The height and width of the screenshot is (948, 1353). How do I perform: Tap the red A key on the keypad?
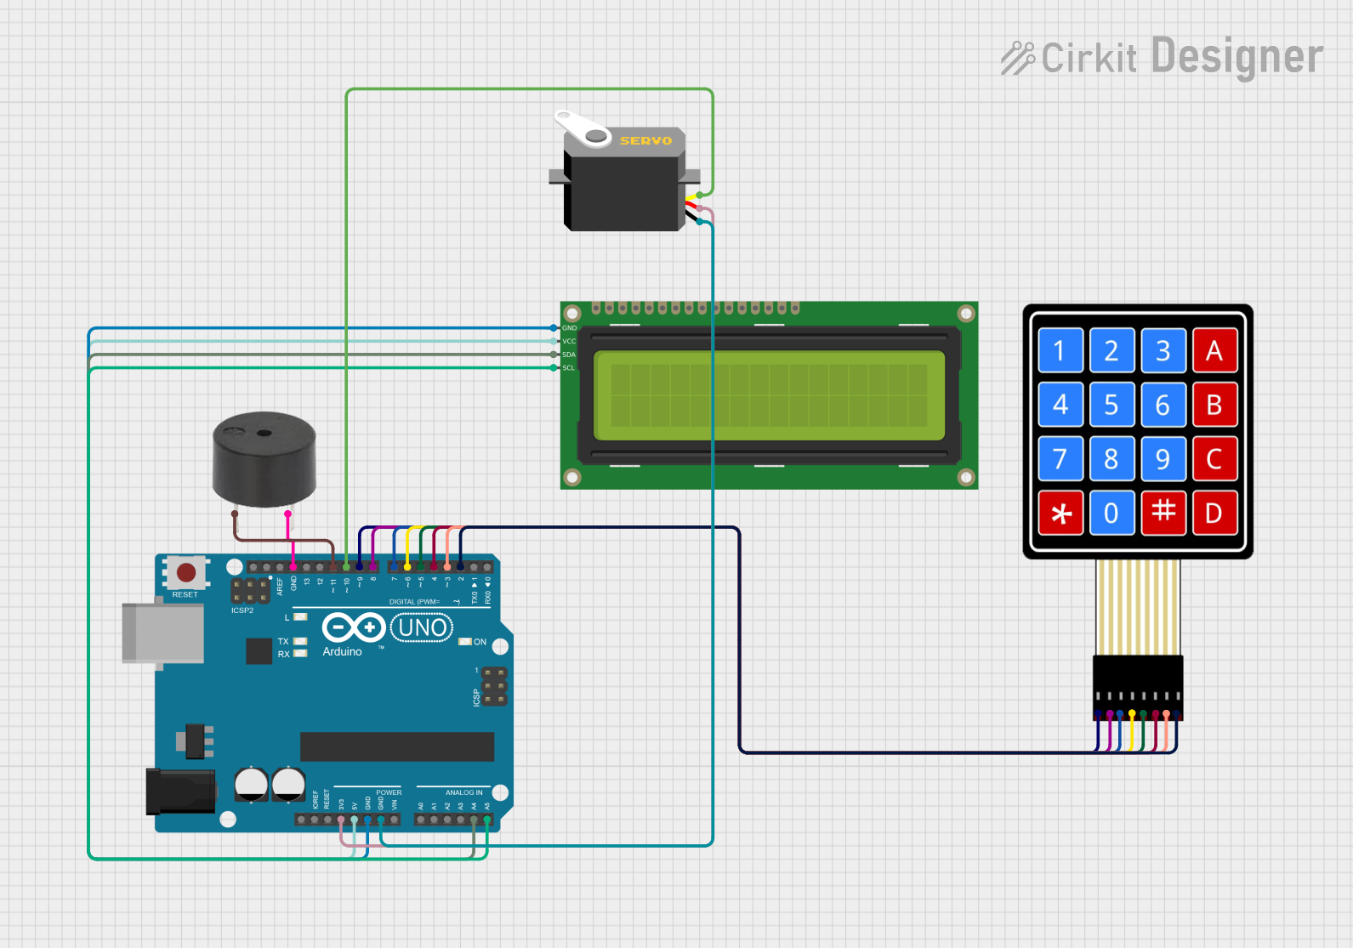tap(1214, 350)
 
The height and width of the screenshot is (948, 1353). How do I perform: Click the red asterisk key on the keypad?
tap(1060, 513)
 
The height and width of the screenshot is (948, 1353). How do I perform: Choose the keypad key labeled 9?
tap(1163, 459)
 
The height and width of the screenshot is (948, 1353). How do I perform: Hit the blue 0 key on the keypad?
tap(1111, 513)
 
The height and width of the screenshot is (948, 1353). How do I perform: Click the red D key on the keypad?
tap(1214, 513)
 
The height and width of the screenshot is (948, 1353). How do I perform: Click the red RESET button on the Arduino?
tap(186, 572)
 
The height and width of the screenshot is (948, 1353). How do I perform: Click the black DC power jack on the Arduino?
tap(179, 791)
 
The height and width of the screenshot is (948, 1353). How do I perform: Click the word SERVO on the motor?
tap(645, 140)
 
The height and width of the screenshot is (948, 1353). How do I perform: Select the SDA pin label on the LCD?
tap(569, 355)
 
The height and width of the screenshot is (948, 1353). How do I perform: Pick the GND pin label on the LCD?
tap(569, 327)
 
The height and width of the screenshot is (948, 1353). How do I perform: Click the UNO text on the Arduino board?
tap(422, 628)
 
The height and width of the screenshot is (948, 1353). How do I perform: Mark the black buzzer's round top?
tap(264, 433)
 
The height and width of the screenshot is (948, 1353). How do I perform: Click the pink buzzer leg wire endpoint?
tap(288, 514)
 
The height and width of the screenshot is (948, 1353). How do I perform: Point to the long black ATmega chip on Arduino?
tap(396, 746)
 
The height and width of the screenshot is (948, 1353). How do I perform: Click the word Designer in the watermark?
tap(1236, 57)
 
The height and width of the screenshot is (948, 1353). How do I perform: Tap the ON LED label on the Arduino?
tap(480, 642)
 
